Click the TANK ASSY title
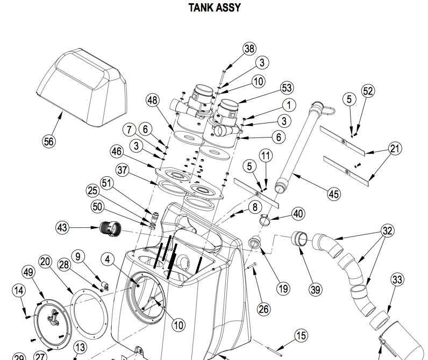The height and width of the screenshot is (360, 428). (214, 8)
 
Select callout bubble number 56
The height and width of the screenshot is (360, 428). (49, 141)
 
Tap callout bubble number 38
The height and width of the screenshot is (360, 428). (249, 49)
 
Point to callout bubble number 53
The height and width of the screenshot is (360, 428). (287, 88)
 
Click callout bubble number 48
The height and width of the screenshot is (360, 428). (153, 100)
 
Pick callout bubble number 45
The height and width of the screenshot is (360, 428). (334, 194)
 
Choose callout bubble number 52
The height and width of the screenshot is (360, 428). (368, 91)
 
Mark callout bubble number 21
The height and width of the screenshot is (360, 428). (395, 149)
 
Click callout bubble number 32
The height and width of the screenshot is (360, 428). (387, 231)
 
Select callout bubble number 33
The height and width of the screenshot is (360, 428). (397, 280)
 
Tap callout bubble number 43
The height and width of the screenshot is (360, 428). (62, 228)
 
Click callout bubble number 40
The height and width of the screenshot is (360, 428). (298, 213)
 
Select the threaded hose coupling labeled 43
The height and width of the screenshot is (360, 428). (110, 229)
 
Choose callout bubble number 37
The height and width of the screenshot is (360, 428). (123, 171)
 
